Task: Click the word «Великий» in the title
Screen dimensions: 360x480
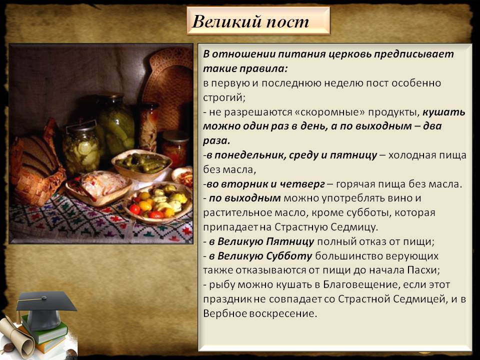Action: tap(220, 22)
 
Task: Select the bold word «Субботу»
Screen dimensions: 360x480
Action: tap(287, 256)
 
